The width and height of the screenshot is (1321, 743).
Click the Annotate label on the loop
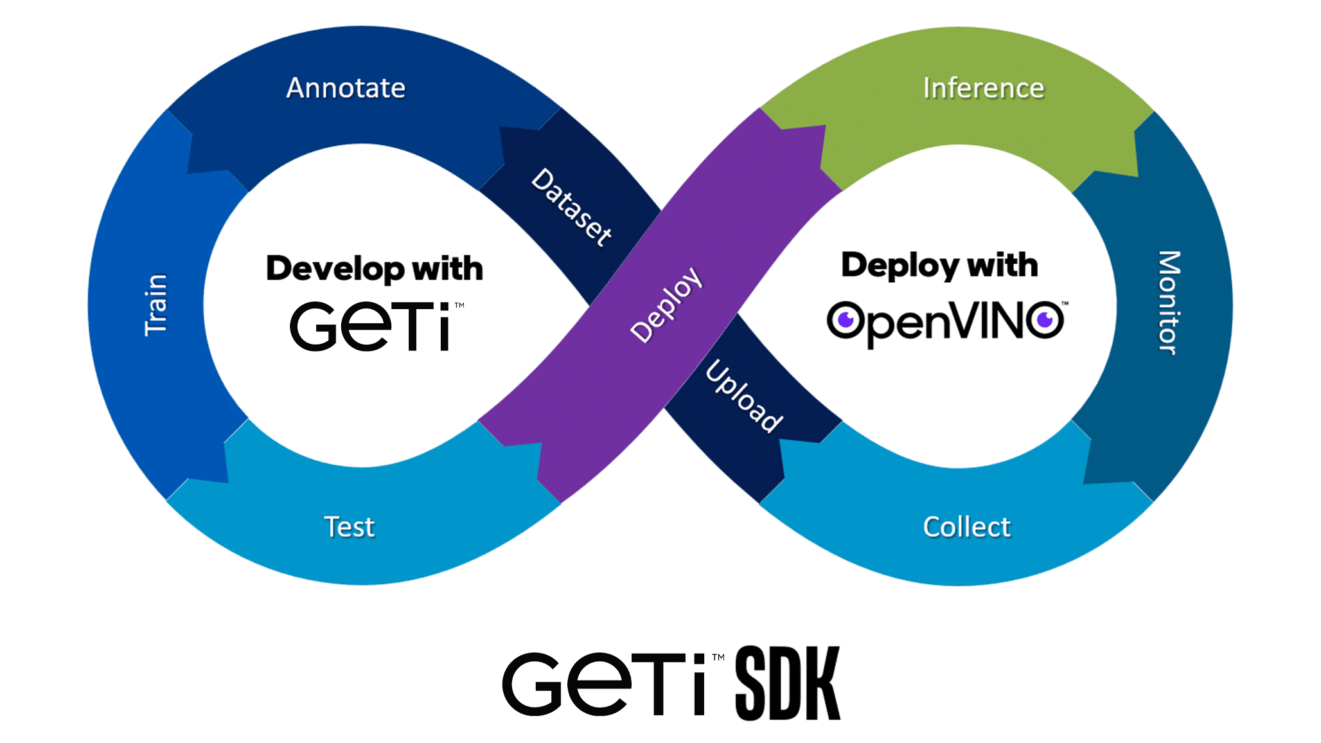pos(346,88)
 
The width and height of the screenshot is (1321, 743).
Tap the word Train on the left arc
pos(155,305)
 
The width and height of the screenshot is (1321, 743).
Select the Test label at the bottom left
pos(349,527)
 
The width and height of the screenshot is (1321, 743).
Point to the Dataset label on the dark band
pos(572,207)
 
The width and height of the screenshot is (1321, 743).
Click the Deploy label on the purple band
pos(666,305)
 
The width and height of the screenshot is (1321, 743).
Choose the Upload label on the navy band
pos(744,396)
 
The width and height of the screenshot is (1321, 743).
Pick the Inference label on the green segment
pos(983,88)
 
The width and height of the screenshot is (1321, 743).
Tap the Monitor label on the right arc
pos(1169,302)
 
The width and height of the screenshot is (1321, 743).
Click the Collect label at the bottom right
pos(966,527)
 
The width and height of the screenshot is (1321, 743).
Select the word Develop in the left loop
pos(335,269)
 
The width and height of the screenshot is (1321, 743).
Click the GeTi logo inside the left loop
pos(370,326)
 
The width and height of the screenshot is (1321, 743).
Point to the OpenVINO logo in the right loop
pos(944,321)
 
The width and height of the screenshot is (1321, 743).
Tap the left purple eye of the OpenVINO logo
pos(845,319)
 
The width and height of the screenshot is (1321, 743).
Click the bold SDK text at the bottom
pos(788,683)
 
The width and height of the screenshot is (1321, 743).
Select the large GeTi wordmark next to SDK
pos(604,684)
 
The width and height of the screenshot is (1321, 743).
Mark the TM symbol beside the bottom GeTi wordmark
pos(718,658)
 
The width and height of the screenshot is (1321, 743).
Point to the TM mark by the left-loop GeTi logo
pos(459,305)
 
